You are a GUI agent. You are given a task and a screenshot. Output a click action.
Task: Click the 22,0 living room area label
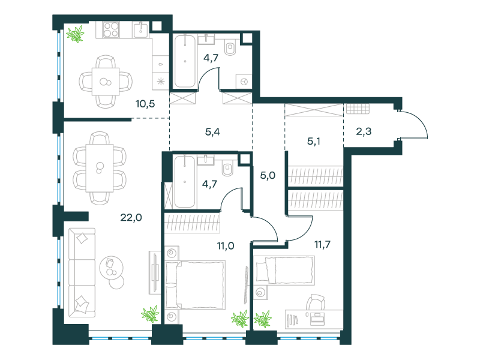click(x=131, y=218)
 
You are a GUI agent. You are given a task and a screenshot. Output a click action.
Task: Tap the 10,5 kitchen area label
click(x=145, y=104)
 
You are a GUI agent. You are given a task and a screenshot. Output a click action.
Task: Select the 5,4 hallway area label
click(x=212, y=132)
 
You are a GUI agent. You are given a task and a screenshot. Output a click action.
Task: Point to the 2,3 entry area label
click(x=364, y=131)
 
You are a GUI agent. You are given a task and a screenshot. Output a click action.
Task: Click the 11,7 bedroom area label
click(x=322, y=244)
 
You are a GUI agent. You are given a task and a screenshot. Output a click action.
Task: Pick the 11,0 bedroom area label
click(x=226, y=245)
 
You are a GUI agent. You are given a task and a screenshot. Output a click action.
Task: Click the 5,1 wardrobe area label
click(x=314, y=142)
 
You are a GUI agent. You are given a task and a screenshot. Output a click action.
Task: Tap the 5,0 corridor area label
click(x=268, y=175)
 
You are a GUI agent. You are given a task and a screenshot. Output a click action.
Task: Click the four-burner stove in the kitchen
click(x=111, y=29)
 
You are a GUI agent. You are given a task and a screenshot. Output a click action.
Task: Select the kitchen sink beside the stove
click(x=141, y=29)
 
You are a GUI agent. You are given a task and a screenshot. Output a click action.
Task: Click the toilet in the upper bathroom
click(x=230, y=47)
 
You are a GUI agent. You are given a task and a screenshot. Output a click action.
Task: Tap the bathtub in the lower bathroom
click(x=185, y=182)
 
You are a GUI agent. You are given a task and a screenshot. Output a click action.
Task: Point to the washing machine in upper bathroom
click(x=244, y=82)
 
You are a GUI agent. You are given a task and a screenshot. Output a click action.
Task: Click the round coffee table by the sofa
click(x=112, y=268)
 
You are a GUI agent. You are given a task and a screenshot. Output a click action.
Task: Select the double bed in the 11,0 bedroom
click(x=195, y=285)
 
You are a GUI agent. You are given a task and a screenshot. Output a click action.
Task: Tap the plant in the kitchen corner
click(x=76, y=34)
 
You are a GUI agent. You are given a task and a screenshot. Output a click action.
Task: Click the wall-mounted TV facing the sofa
click(x=155, y=272)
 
